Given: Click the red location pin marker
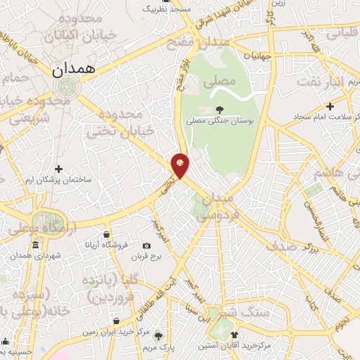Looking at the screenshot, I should tap(181, 165).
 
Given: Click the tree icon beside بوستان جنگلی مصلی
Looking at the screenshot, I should tap(220, 109).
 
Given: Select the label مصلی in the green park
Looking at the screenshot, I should tap(219, 82).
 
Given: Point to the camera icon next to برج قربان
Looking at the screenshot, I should tap(146, 245).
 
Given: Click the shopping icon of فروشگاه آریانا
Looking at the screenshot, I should tap(105, 234).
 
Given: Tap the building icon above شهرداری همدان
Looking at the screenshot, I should tap(35, 245).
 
